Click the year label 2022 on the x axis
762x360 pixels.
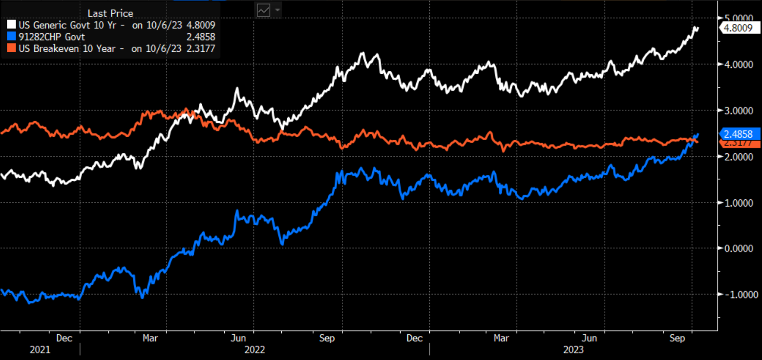coord(254,350)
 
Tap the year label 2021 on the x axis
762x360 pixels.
coord(40,350)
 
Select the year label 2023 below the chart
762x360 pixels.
coord(573,350)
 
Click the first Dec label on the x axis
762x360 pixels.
coord(64,338)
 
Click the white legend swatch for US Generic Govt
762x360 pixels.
coord(11,24)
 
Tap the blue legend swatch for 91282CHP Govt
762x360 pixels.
coord(11,37)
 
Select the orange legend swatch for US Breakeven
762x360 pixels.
coord(11,48)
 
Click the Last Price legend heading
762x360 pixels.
coord(110,13)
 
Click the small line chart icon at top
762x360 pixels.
coord(264,10)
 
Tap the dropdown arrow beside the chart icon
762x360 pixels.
coord(277,10)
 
